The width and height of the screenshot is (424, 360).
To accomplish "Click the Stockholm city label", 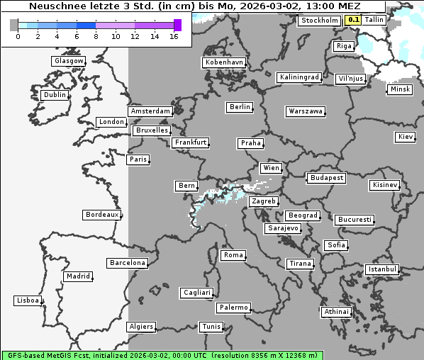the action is pos(320,21).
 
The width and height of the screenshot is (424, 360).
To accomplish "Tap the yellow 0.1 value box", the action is pos(353,20).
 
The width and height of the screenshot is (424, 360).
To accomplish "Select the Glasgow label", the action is pos(69,61).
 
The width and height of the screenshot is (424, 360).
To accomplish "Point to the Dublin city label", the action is pos(54,95).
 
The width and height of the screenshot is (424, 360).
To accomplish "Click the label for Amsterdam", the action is pos(150,111).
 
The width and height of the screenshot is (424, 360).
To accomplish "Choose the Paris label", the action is pos(138,159).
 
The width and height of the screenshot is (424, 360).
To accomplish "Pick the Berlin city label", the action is pos(240,107).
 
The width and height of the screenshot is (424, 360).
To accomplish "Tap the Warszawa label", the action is pos(306,111).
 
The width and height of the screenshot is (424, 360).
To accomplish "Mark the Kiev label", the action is pos(406,137).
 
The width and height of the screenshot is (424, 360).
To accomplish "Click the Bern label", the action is pos(186,186).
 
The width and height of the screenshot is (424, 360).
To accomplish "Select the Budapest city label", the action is pos(326,177).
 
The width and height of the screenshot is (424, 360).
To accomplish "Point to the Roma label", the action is pos(233,255).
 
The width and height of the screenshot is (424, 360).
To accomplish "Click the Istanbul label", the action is pos(382,269).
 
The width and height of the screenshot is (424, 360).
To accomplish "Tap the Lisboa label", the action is pos(28,300).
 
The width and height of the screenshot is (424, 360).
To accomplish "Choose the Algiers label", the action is pos(140,327).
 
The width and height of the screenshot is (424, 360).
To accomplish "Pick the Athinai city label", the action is pos(336,312).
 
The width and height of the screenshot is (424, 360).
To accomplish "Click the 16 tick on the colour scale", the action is pos(174,36).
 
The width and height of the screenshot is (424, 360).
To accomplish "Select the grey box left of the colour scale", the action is pos(13,25).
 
